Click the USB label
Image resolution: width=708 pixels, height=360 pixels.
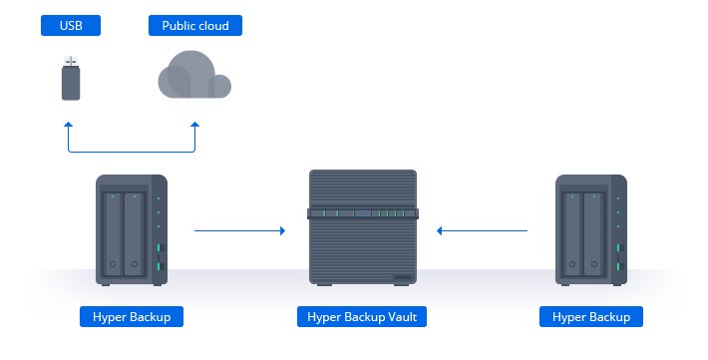(x=71, y=25)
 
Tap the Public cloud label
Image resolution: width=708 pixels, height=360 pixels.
(x=195, y=25)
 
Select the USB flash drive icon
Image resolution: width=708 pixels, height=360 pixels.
(x=71, y=78)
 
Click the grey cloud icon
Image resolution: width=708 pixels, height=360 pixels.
(x=194, y=75)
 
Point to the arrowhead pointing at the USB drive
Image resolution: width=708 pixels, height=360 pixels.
(x=69, y=125)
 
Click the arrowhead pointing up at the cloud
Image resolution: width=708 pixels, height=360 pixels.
(x=195, y=125)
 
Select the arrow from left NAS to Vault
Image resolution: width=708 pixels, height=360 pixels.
(x=239, y=230)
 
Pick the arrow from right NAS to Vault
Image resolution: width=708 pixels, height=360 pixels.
(x=483, y=230)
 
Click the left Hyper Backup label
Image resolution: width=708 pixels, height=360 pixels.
(x=132, y=317)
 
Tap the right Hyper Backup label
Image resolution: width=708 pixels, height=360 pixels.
(x=591, y=317)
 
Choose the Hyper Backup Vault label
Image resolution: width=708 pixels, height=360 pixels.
(x=362, y=317)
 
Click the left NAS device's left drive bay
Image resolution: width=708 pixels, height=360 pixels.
(x=113, y=234)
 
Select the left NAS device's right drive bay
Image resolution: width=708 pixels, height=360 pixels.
(x=134, y=234)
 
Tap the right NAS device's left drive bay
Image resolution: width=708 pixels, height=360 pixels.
(x=572, y=234)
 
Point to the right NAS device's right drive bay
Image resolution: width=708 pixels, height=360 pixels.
(x=593, y=234)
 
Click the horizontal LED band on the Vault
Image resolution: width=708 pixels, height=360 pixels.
(x=363, y=213)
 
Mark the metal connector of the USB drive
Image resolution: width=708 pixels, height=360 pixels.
(x=71, y=61)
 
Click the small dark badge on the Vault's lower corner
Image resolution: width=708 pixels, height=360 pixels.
(x=403, y=277)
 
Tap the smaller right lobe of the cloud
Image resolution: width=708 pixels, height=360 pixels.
(x=219, y=87)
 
